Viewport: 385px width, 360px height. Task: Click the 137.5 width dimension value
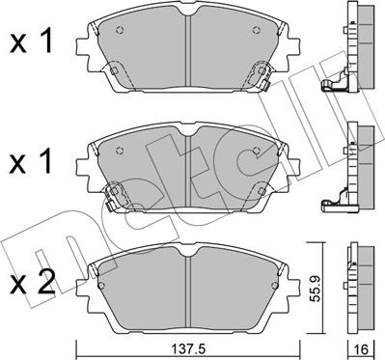[188, 348]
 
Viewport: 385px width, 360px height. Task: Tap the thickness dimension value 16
[362, 348]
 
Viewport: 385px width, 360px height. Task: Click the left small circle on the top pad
[120, 30]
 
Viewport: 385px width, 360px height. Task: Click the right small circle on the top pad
[257, 30]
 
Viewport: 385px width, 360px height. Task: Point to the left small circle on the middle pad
[120, 150]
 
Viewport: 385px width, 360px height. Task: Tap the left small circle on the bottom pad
[101, 286]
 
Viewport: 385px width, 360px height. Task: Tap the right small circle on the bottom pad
[274, 286]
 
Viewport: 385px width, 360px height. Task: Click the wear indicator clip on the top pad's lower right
[264, 85]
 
